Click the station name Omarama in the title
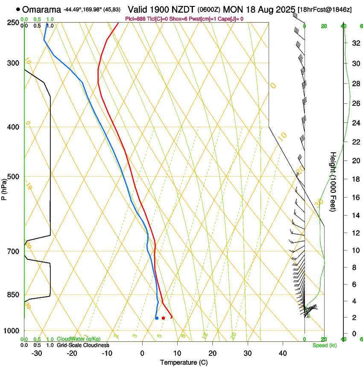(41, 9)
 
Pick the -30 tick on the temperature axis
(37, 353)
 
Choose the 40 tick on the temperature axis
(282, 353)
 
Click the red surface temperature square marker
(163, 318)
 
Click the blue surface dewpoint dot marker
(157, 318)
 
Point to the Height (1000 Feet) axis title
(333, 182)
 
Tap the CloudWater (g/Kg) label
(73, 339)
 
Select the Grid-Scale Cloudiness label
(83, 345)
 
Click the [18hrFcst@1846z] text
(325, 9)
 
